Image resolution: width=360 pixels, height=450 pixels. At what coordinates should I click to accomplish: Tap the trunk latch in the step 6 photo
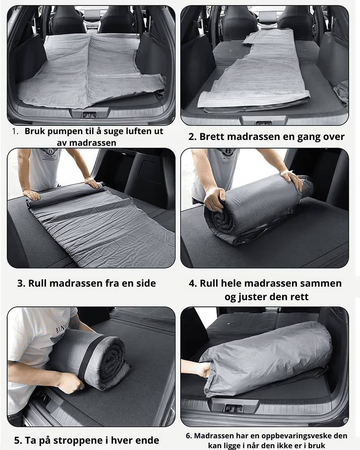point(234,408)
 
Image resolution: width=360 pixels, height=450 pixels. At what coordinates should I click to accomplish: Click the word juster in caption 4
point(251,297)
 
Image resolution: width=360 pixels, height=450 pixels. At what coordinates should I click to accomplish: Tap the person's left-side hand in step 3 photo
point(31,194)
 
